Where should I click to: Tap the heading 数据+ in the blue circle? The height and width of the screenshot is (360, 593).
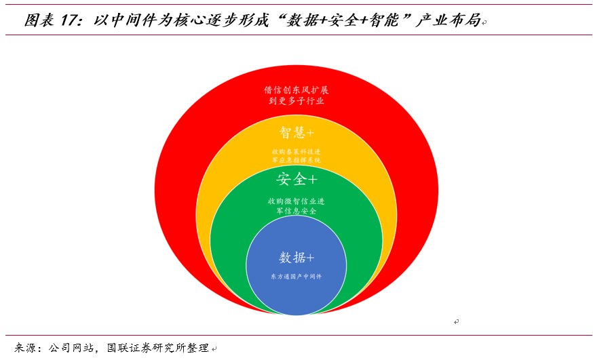(296, 258)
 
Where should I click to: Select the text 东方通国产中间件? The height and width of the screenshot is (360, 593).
(296, 277)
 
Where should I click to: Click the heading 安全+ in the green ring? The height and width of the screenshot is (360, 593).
(296, 179)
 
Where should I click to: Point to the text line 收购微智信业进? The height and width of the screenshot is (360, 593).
(296, 201)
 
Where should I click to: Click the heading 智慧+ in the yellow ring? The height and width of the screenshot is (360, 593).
(296, 131)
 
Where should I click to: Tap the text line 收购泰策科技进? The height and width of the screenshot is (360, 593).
(296, 151)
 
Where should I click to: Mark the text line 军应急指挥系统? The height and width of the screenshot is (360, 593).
(296, 160)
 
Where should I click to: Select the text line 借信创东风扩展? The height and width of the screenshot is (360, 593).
(296, 89)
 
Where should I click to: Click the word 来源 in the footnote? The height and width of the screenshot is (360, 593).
(28, 348)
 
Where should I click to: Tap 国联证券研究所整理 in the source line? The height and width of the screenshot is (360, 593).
(157, 348)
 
